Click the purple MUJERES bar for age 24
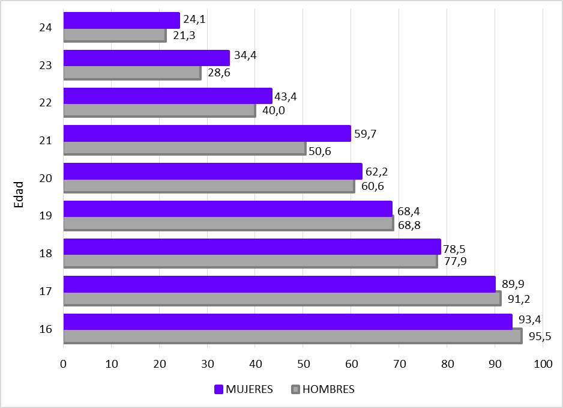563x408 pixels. click(x=121, y=20)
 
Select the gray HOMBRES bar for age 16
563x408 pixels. click(x=292, y=336)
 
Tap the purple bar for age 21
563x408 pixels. click(x=206, y=133)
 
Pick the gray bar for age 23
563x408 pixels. click(x=132, y=73)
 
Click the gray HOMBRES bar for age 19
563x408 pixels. click(x=228, y=224)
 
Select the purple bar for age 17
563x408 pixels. click(x=279, y=284)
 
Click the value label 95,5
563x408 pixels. click(x=538, y=336)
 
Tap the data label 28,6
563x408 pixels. click(x=218, y=73)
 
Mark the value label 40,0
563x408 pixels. click(x=273, y=111)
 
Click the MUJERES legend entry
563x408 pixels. click(x=244, y=389)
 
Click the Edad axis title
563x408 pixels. click(x=19, y=194)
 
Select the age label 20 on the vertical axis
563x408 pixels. click(x=46, y=178)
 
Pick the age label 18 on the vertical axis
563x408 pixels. click(x=46, y=254)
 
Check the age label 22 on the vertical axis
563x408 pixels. click(x=46, y=103)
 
